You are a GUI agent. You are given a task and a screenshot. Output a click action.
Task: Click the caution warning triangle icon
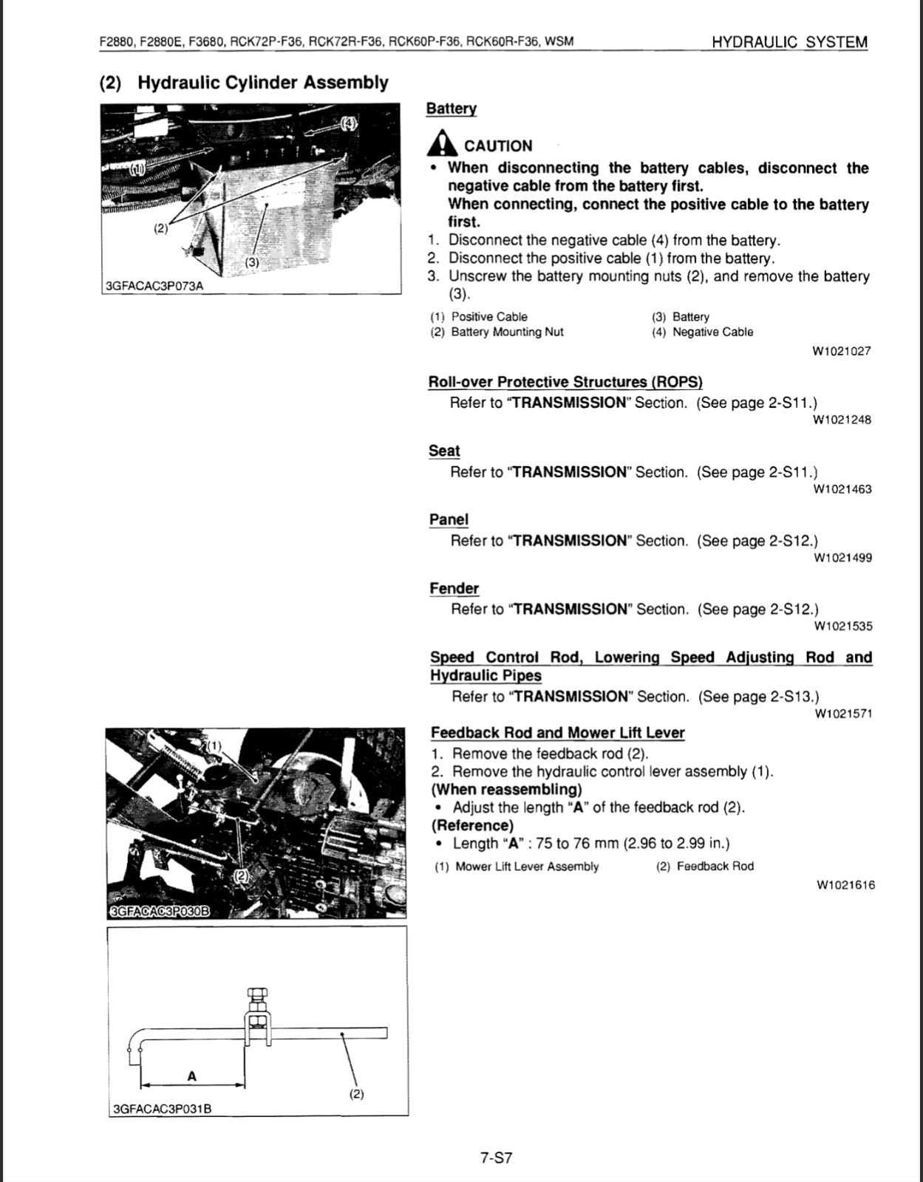(442, 143)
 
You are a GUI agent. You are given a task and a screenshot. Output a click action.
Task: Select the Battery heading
(452, 109)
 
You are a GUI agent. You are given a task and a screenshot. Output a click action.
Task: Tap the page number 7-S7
(496, 1157)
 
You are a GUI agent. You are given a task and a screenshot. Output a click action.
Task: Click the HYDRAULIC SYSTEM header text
(790, 42)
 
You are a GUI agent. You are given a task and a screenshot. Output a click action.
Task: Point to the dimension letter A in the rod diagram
(192, 1076)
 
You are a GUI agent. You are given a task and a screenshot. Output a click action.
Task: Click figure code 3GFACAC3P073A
(154, 286)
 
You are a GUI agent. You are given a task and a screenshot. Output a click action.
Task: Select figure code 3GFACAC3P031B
(162, 1108)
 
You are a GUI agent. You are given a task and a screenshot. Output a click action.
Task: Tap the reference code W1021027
(842, 351)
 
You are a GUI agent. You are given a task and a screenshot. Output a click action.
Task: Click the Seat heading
(444, 451)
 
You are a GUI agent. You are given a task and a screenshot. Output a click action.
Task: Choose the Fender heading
(454, 588)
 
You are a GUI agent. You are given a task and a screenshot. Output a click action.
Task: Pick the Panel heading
(449, 519)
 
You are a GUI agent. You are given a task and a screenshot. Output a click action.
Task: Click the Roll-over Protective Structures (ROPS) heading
(565, 382)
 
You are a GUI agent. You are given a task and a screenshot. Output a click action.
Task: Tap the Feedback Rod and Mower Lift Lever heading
(557, 733)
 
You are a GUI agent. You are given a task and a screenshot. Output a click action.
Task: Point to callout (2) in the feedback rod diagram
(356, 1093)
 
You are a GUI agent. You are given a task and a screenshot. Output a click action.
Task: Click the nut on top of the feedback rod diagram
(256, 994)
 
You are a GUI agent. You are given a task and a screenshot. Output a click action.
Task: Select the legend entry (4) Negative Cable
(703, 332)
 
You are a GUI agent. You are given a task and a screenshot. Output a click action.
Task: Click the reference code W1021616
(845, 885)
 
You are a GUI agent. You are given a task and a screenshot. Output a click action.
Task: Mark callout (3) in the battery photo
(251, 262)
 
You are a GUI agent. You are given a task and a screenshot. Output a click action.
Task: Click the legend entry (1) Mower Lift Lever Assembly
(516, 867)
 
